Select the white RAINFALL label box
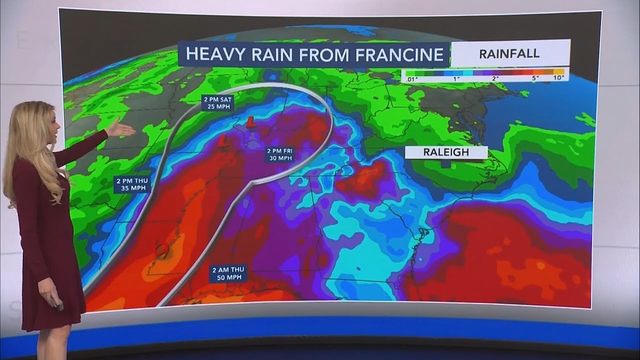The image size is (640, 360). pos(509,53)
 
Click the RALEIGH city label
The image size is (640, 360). pos(446,152)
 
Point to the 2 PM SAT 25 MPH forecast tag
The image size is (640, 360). pos(217,103)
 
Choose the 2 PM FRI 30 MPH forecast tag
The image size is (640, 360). pos(279,154)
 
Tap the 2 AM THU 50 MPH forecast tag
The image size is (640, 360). pos(228,274)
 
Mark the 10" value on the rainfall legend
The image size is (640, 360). pos(558,77)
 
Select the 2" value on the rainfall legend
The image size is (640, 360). pos(495,77)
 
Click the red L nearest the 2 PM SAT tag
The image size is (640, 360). pos(249,120)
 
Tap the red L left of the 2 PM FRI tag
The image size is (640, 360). pos(223,142)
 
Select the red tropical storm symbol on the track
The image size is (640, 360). pos(161,248)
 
